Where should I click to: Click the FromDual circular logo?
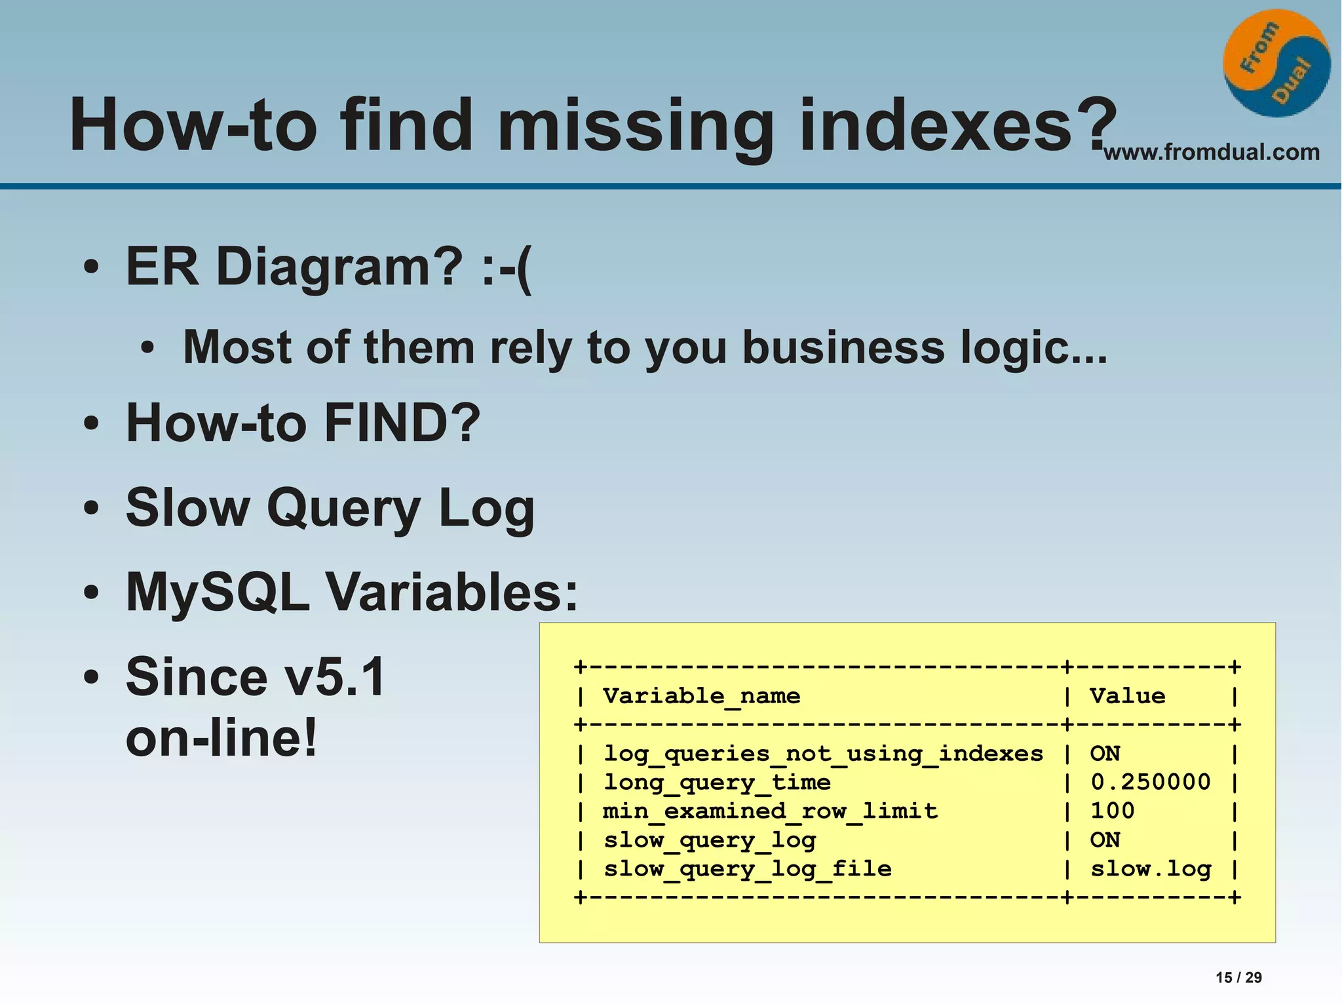pyautogui.click(x=1276, y=64)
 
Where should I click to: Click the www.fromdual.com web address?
pyautogui.click(x=1212, y=152)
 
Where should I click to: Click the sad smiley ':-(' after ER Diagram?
pyautogui.click(x=506, y=267)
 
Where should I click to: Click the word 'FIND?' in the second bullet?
pyautogui.click(x=402, y=423)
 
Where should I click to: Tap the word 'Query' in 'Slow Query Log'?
pyautogui.click(x=343, y=509)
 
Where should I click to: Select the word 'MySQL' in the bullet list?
pyautogui.click(x=218, y=592)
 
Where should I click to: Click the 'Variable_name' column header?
pyautogui.click(x=701, y=696)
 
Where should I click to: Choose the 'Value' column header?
pyautogui.click(x=1127, y=696)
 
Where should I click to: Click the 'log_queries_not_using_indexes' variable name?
pyautogui.click(x=823, y=754)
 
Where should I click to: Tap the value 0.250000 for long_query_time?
pyautogui.click(x=1150, y=782)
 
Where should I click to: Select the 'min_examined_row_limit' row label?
pyautogui.click(x=770, y=811)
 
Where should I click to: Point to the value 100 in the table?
pyautogui.click(x=1112, y=811)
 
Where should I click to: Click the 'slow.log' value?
pyautogui.click(x=1150, y=868)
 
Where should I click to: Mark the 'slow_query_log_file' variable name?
pyautogui.click(x=747, y=868)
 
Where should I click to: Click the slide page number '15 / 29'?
pyautogui.click(x=1238, y=977)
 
